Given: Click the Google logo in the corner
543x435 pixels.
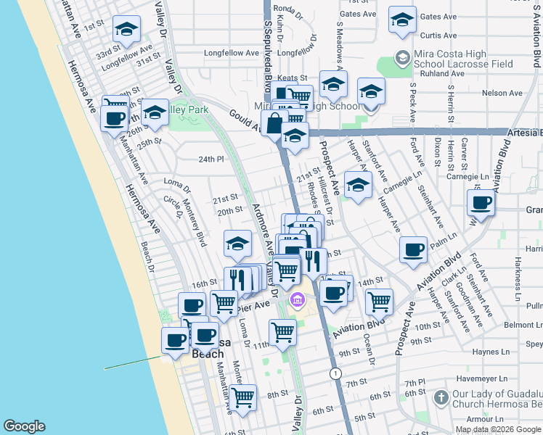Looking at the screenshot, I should [x=25, y=426].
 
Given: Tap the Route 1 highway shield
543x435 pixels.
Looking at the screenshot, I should [x=335, y=373].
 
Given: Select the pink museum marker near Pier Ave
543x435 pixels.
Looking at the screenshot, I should [x=297, y=299].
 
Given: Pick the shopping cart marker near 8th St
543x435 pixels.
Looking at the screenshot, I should [x=243, y=397].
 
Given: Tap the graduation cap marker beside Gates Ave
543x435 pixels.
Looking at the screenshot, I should [x=401, y=20].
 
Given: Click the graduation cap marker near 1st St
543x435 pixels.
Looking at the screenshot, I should [x=128, y=30].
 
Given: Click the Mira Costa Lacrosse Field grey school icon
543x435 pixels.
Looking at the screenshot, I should [x=401, y=57].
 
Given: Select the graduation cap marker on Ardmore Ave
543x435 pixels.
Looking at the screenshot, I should [x=237, y=245].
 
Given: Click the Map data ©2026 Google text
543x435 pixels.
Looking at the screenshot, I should [x=498, y=428].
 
